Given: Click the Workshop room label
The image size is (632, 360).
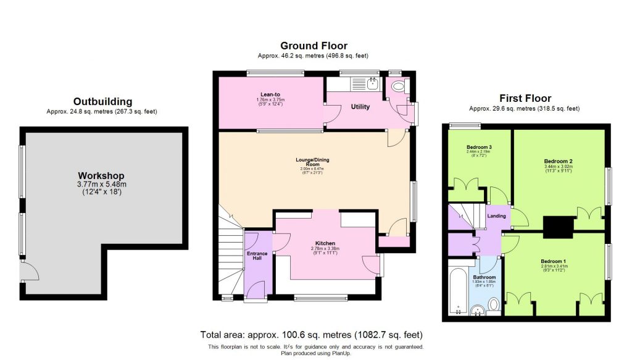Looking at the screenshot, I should (x=101, y=176).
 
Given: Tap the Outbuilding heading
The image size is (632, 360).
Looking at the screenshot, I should (x=102, y=101).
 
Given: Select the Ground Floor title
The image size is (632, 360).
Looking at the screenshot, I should (x=314, y=46).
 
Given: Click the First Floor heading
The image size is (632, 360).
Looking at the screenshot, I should (x=525, y=98).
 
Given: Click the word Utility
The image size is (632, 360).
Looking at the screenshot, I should (x=360, y=107).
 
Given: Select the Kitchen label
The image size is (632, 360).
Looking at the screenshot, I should (x=324, y=243).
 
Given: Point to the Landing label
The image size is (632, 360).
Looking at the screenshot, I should (x=496, y=216).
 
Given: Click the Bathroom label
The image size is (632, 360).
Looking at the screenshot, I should (x=484, y=277).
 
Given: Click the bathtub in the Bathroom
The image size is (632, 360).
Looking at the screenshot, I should (x=457, y=289).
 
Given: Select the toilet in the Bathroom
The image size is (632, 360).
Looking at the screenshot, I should (x=493, y=304).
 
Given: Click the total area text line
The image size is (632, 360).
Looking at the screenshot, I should (x=311, y=335).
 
